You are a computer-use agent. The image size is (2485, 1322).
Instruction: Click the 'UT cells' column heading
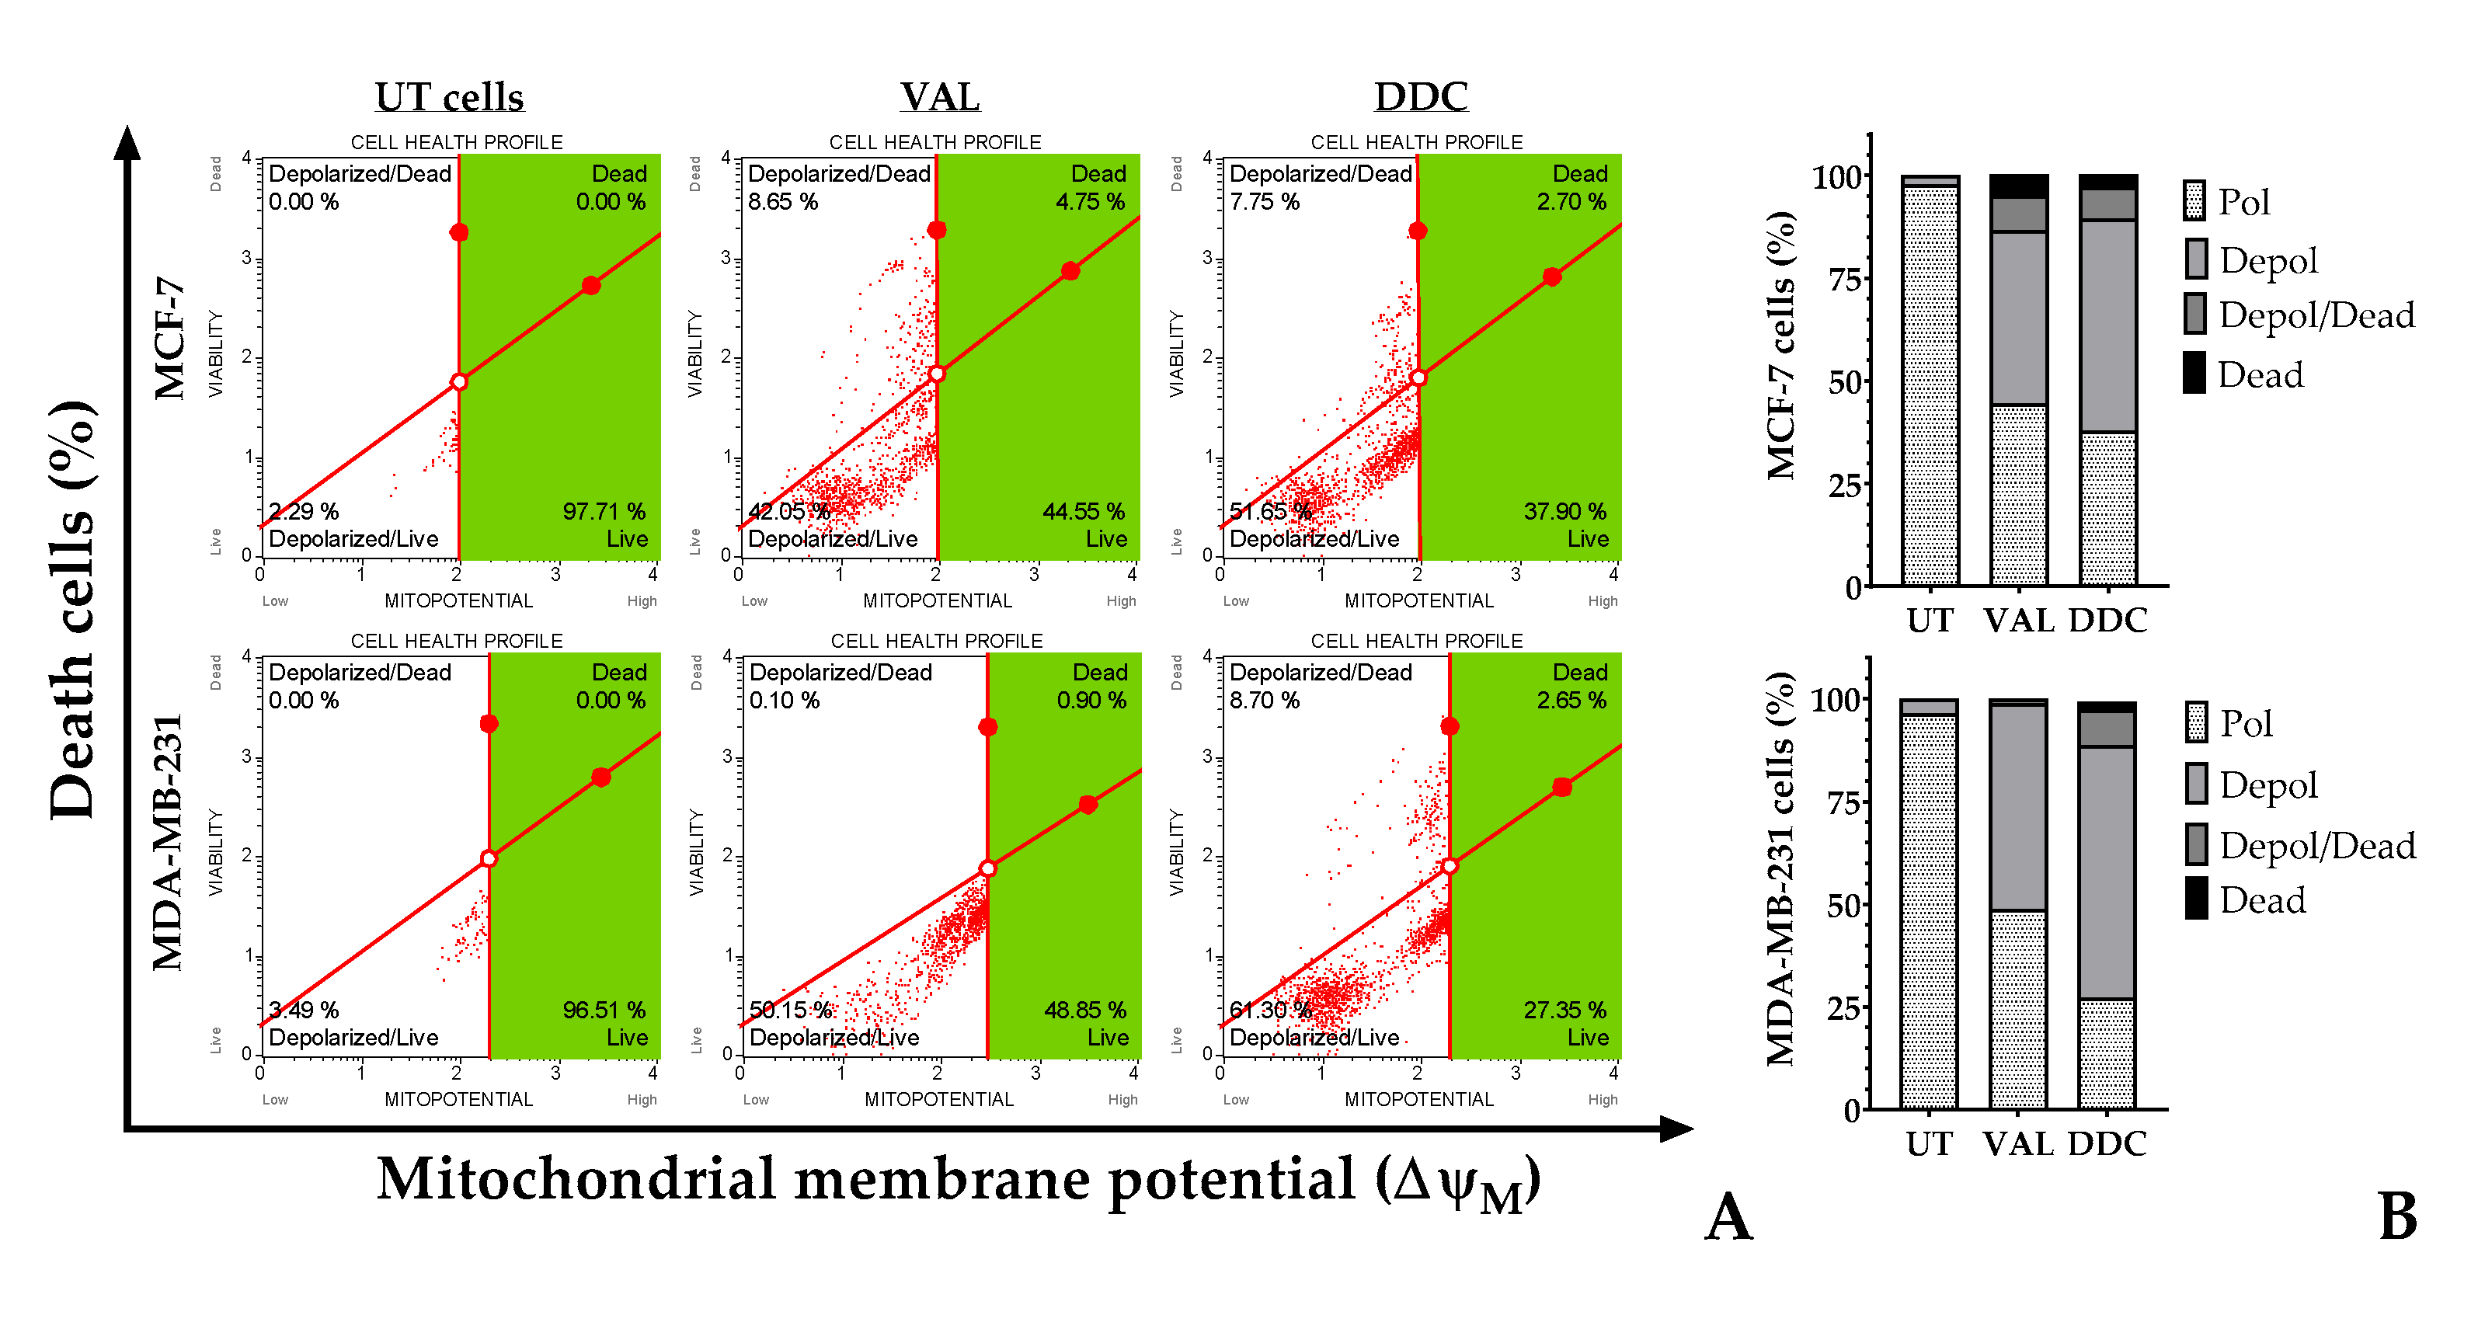point(450,97)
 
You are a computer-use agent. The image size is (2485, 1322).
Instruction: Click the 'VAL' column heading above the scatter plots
point(940,97)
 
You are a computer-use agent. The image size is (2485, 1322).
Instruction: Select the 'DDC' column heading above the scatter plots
point(1421,97)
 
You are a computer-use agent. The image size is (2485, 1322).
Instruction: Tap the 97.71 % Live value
point(604,511)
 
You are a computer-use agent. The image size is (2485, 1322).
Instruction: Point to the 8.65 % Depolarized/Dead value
point(782,201)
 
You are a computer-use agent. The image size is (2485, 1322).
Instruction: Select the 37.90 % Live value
point(1564,511)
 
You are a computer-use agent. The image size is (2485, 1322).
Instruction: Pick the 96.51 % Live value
point(604,1010)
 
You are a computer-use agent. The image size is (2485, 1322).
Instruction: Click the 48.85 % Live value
point(1084,1010)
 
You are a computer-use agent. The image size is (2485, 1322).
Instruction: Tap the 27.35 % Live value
point(1564,1010)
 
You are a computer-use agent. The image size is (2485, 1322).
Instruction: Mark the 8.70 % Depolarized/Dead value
point(1264,700)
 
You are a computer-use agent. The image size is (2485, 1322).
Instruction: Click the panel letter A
point(1728,1217)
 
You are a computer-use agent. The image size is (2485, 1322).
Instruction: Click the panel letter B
point(2398,1217)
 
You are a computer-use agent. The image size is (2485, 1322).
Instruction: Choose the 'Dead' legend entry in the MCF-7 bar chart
point(2259,374)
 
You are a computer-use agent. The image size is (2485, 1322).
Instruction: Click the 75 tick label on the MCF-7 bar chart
point(1843,280)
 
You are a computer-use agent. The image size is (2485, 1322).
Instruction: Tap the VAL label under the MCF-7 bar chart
point(2018,620)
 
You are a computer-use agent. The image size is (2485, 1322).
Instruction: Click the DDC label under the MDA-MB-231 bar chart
point(2107,1143)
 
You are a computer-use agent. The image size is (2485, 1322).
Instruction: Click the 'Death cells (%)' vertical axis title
point(72,610)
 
